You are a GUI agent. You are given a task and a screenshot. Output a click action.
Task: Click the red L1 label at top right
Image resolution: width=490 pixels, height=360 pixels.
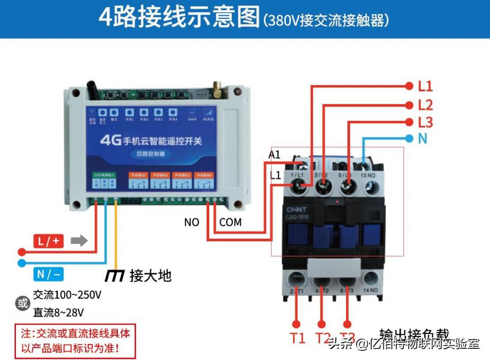(425, 86)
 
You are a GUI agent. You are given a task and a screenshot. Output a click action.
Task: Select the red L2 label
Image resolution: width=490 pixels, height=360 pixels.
(425, 105)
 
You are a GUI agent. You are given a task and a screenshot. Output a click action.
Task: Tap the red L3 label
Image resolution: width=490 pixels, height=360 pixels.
(425, 123)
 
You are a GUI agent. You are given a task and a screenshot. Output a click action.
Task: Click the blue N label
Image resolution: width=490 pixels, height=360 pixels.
(422, 139)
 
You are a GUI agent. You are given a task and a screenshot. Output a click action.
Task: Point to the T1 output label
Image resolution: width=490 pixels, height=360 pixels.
(298, 338)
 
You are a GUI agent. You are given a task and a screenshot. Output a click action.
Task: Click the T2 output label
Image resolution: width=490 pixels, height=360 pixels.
(323, 338)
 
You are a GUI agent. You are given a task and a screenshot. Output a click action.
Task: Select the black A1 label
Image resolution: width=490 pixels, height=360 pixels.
(275, 155)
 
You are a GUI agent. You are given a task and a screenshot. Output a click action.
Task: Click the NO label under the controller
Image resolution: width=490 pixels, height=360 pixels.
(192, 222)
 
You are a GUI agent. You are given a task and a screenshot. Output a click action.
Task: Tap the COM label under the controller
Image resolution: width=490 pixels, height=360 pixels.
(230, 222)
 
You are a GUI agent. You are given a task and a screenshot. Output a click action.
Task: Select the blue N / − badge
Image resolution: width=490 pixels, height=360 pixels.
(48, 274)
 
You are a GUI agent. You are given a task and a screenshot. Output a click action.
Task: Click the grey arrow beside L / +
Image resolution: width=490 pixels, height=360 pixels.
(79, 241)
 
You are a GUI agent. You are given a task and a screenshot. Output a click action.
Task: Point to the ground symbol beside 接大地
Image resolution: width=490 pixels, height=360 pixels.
(114, 276)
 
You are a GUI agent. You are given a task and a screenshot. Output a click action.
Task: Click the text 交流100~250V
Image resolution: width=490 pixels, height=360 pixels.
(67, 295)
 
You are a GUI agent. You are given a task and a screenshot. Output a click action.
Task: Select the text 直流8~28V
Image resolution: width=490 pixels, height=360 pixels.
(59, 312)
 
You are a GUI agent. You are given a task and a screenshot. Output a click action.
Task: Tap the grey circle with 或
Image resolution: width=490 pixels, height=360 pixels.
(23, 304)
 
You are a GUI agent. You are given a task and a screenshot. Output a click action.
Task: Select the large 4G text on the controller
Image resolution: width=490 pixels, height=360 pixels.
(111, 140)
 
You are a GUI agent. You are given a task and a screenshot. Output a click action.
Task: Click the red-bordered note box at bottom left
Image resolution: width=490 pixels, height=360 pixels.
(75, 341)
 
